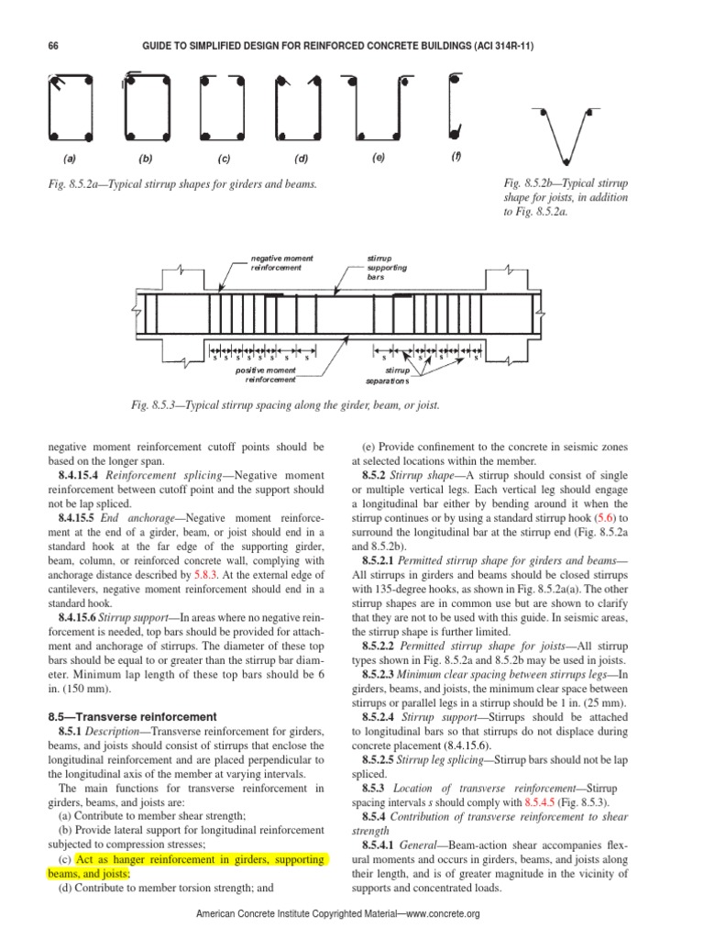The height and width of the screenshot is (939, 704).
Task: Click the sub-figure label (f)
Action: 456,156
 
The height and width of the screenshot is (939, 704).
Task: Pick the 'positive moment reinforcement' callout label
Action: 266,374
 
